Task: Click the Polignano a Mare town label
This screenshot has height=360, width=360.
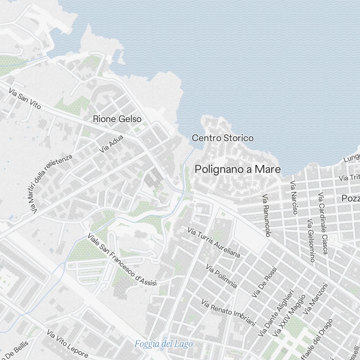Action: click(238, 169)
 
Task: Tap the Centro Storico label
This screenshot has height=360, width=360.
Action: click(222, 138)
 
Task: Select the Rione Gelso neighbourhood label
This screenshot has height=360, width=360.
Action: click(117, 119)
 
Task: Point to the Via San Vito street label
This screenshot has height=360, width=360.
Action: click(25, 99)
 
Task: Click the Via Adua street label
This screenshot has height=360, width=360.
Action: click(112, 143)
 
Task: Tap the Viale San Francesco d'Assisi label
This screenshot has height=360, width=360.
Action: click(122, 260)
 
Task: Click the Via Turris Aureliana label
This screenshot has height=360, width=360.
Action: click(214, 242)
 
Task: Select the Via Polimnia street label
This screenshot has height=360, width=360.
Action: click(221, 276)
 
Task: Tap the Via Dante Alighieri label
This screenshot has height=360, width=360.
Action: click(276, 314)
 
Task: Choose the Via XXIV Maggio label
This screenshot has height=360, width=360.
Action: click(289, 316)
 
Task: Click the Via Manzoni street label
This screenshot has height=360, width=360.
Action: click(316, 299)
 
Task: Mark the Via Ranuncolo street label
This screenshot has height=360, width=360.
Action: click(266, 216)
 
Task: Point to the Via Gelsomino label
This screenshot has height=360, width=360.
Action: click(311, 240)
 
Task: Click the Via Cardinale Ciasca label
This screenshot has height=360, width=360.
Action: click(322, 224)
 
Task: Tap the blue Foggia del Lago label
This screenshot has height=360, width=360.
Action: click(163, 344)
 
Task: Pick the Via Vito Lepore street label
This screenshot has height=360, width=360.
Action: click(67, 344)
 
